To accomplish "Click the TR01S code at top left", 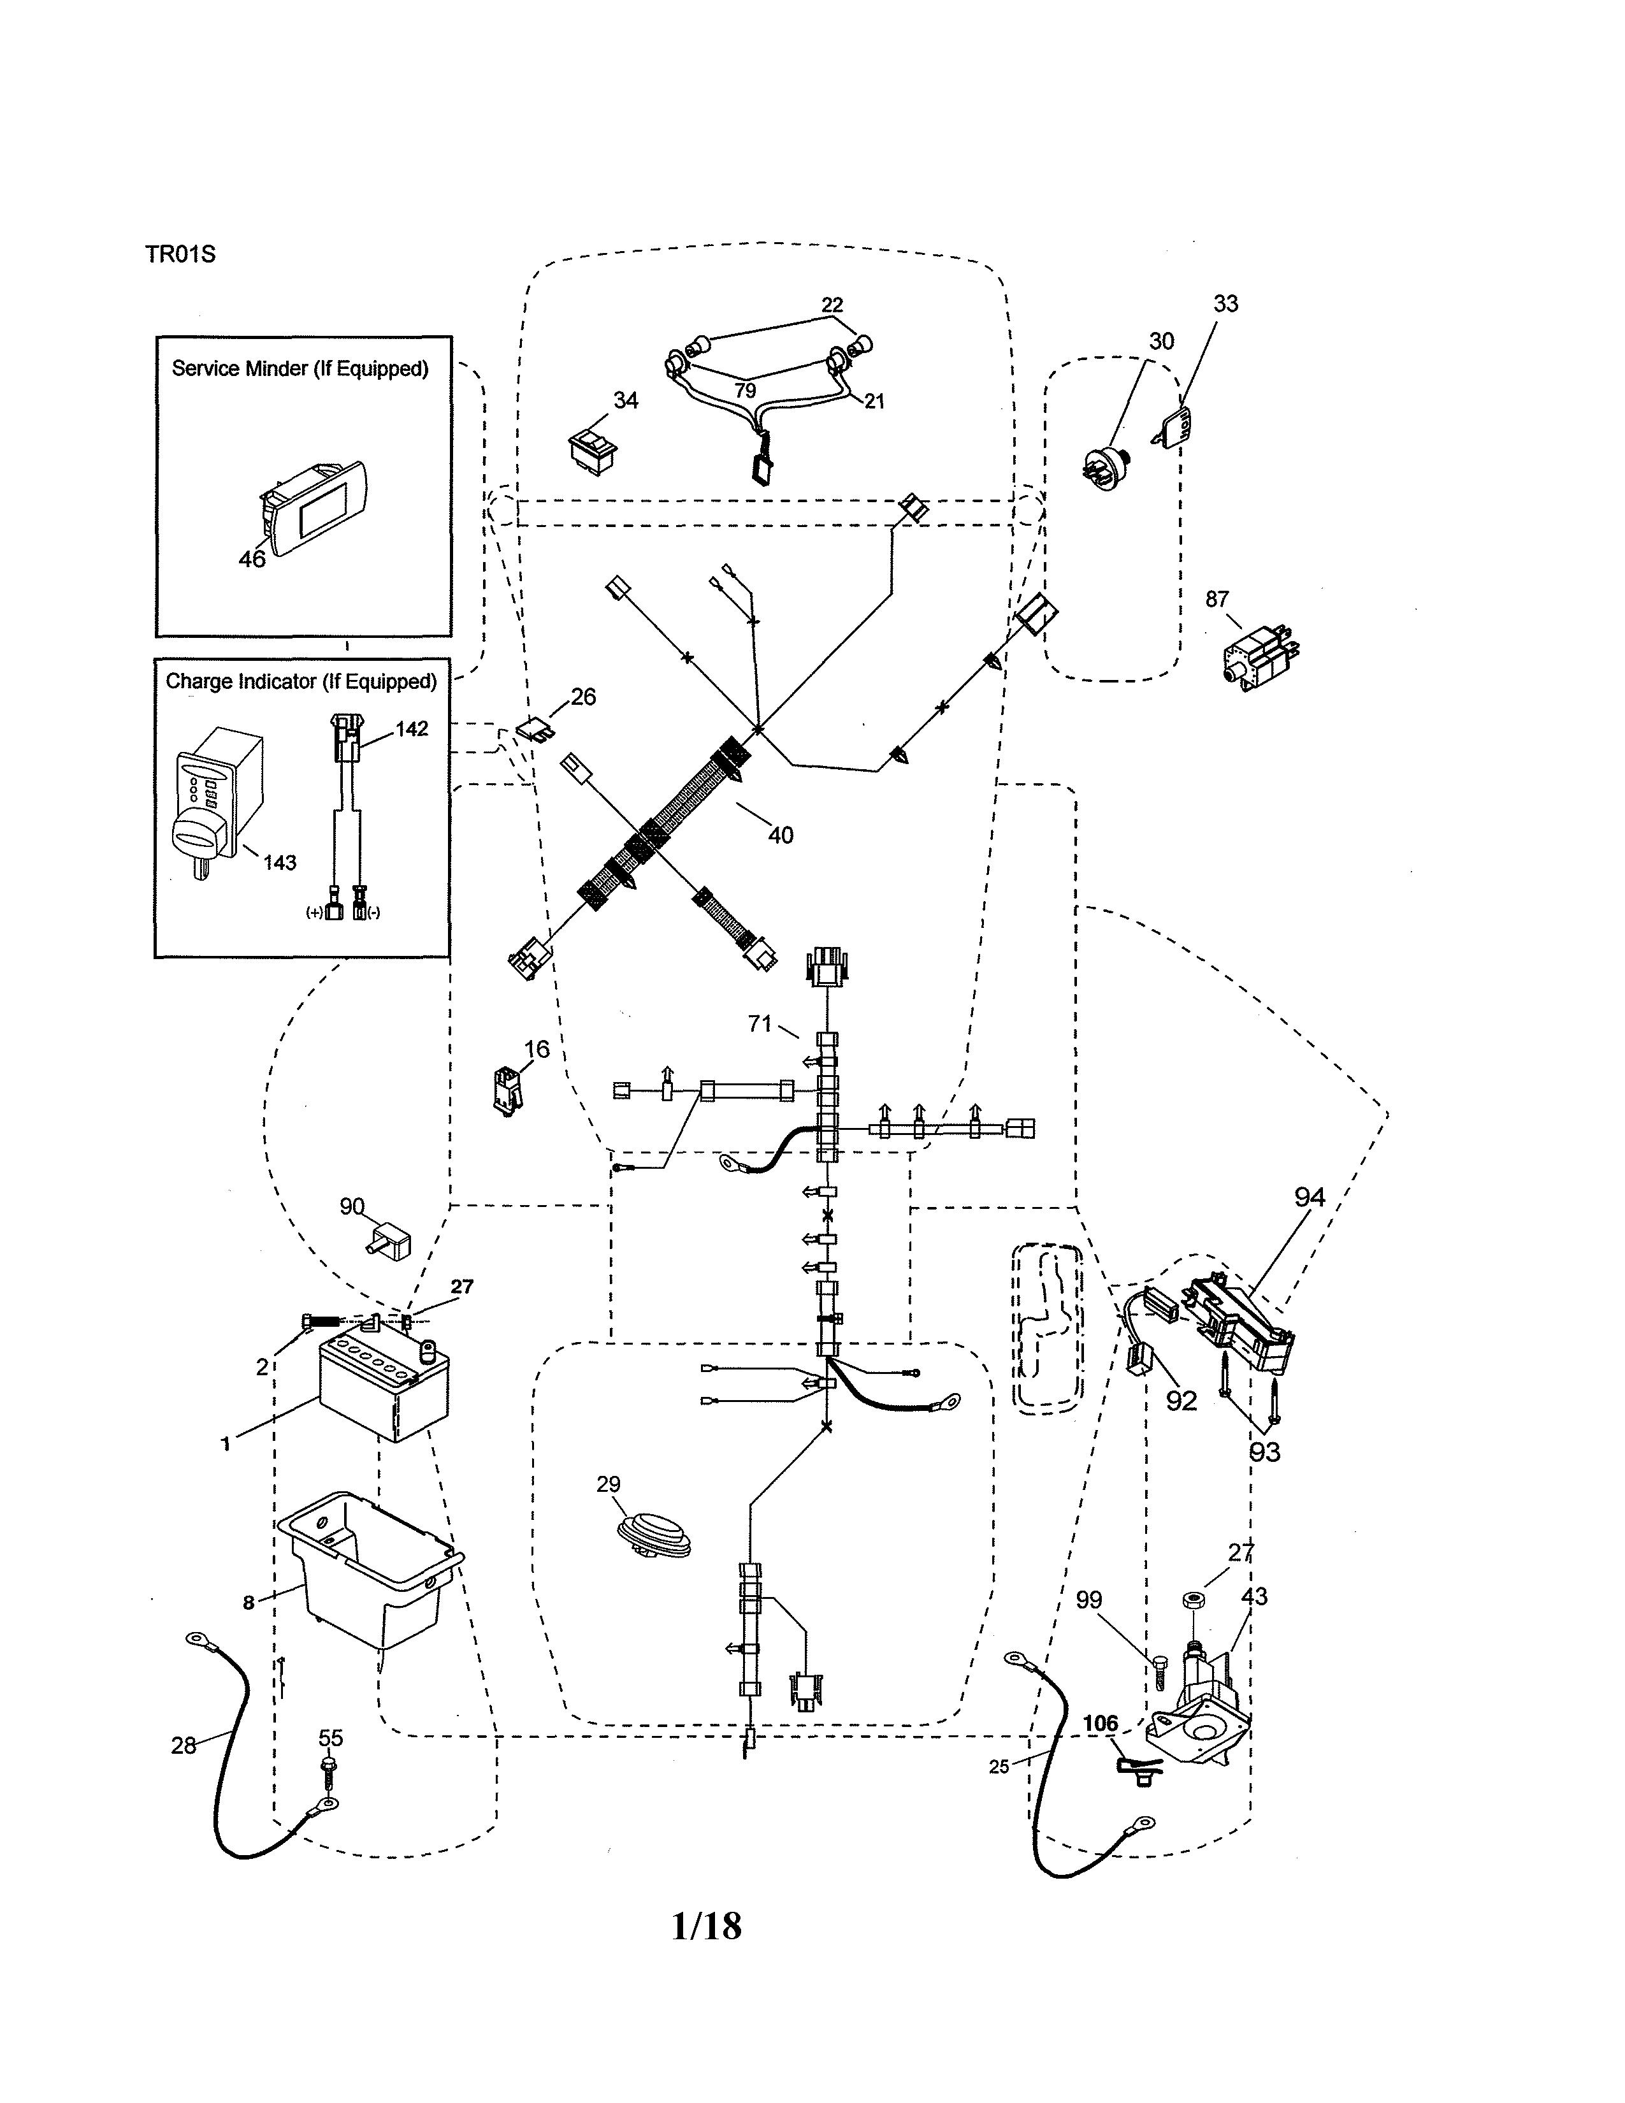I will point(180,254).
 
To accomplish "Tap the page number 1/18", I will point(707,1926).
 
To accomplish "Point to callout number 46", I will point(252,558).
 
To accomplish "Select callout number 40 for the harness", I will point(781,835).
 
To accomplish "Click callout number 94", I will point(1310,1198).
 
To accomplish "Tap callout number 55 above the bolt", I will point(330,1738).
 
